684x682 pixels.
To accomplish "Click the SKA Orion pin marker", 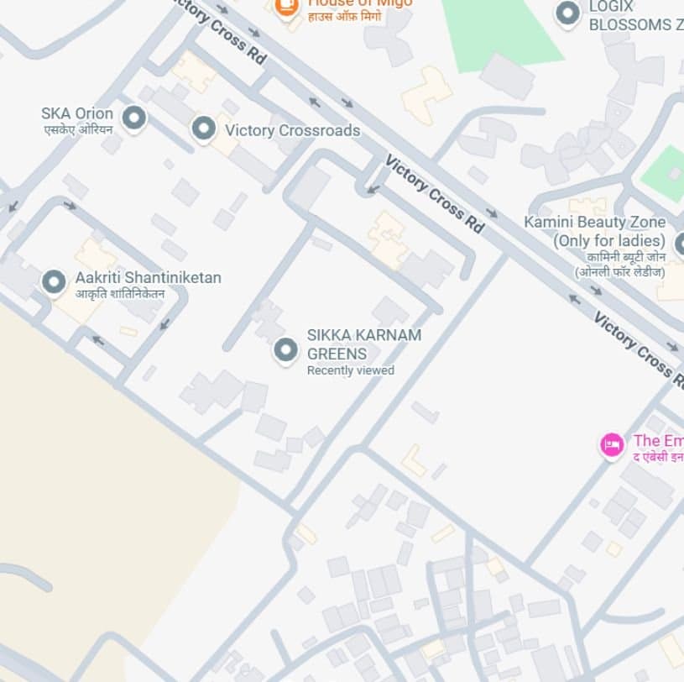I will [133, 118].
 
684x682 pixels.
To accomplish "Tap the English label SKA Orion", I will [77, 113].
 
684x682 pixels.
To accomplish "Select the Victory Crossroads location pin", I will [203, 129].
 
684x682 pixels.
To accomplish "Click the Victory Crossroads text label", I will [292, 130].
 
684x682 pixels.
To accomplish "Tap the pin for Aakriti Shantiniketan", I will [55, 282].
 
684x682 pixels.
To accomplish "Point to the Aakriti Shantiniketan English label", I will [149, 277].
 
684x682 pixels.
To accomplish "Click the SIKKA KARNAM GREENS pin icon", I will [286, 349].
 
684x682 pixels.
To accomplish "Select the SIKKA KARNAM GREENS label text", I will [363, 344].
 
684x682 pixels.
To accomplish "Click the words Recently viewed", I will [350, 370].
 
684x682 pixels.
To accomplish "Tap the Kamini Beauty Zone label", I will [594, 223].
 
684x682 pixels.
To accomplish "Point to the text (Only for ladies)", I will [608, 240].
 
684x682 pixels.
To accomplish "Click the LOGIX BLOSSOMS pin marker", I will [568, 13].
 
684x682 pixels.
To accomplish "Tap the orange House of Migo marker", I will [287, 6].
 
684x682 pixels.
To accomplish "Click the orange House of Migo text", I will [360, 3].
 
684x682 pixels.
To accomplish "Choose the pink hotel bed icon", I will [612, 444].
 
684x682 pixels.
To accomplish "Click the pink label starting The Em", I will [658, 441].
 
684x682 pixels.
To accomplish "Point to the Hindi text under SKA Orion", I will [78, 130].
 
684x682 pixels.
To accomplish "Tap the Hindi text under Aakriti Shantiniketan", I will [120, 294].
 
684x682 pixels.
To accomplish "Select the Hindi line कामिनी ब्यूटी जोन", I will [625, 256].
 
